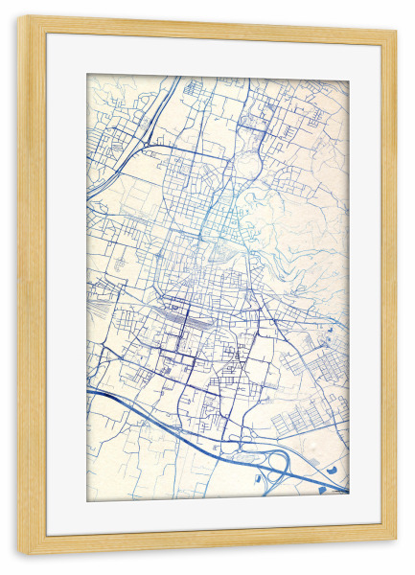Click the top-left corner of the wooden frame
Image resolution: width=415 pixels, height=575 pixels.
(19, 17)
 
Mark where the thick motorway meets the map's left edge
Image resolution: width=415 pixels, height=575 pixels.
(88, 392)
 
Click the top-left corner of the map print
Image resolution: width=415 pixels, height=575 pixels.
(87, 75)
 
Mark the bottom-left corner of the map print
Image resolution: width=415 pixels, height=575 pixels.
(87, 500)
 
